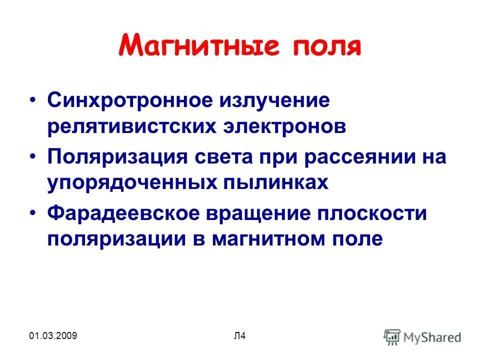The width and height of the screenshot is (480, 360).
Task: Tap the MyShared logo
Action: point(422,336)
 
